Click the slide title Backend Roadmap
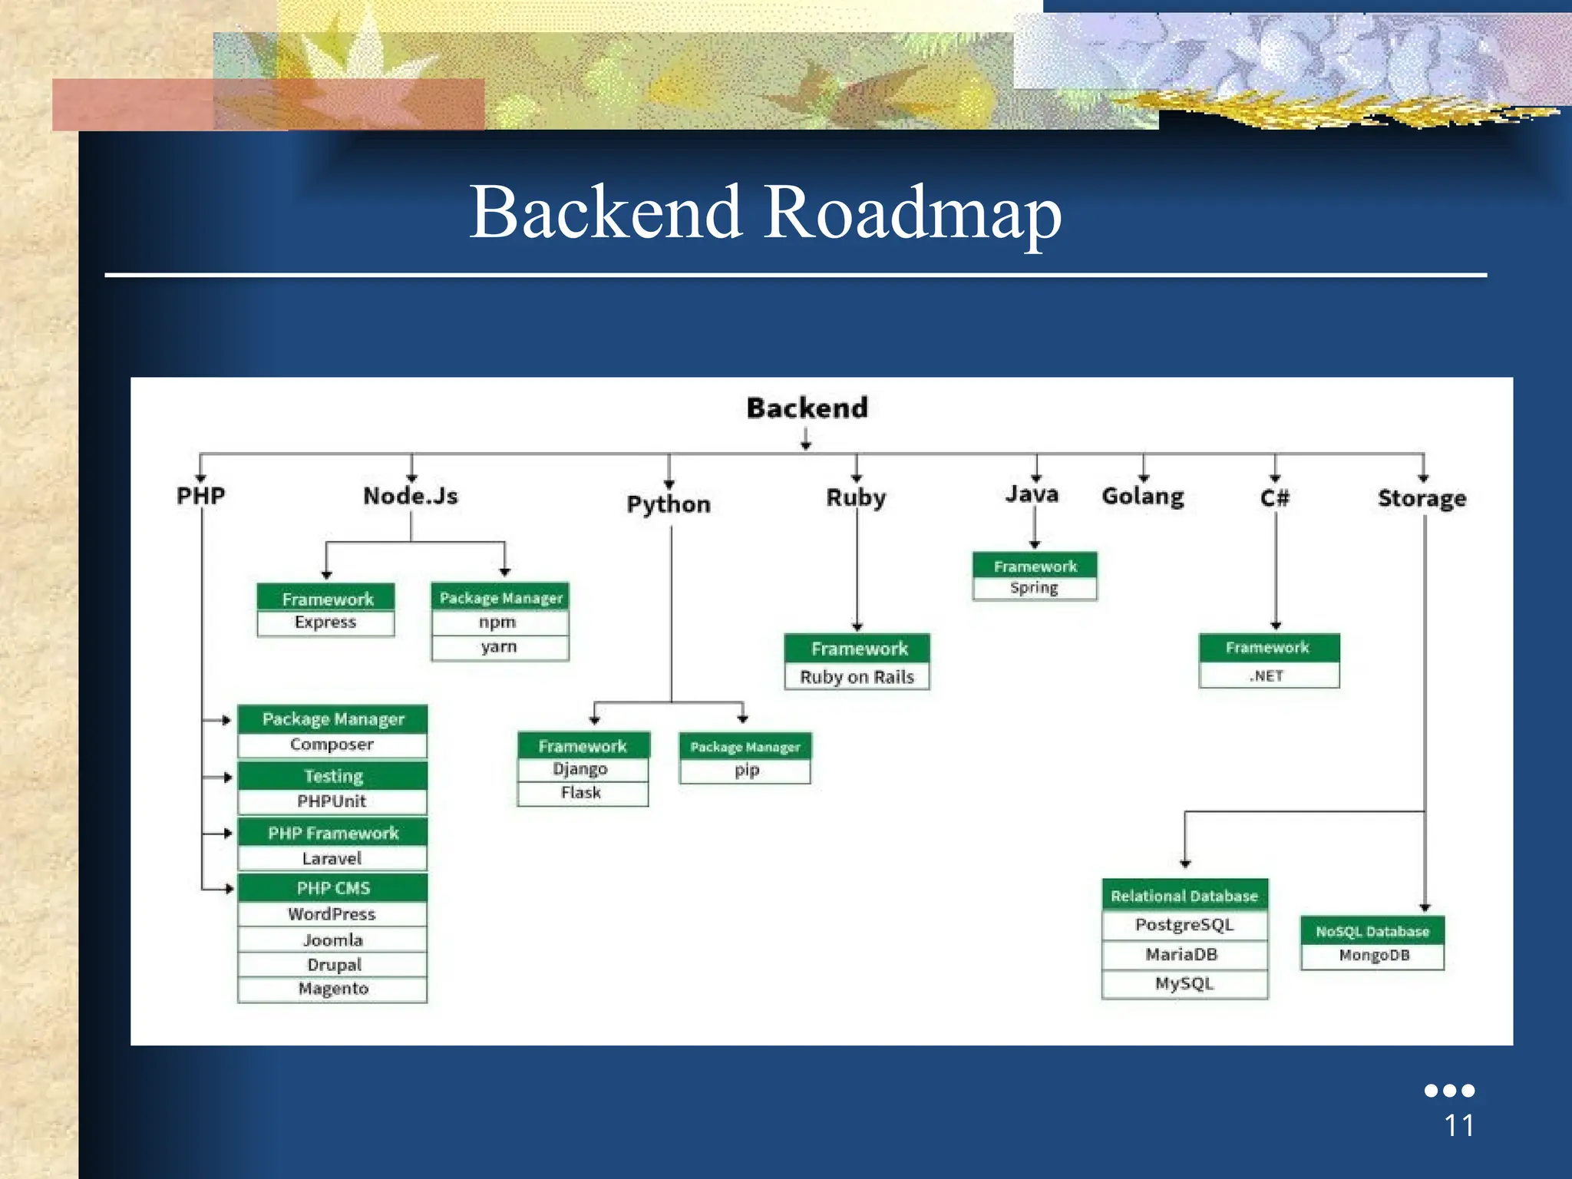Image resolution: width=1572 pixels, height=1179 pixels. pyautogui.click(x=765, y=213)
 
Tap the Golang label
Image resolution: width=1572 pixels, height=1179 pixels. pyautogui.click(x=1142, y=497)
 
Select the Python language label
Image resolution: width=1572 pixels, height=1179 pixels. pyautogui.click(x=669, y=504)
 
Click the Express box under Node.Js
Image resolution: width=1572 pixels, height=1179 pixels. pyautogui.click(x=325, y=623)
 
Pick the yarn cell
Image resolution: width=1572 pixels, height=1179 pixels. pyautogui.click(x=499, y=647)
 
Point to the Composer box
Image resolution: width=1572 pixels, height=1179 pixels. pyautogui.click(x=332, y=745)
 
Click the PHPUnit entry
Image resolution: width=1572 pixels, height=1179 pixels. pyautogui.click(x=332, y=801)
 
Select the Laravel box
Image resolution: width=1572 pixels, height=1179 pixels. pyautogui.click(x=332, y=858)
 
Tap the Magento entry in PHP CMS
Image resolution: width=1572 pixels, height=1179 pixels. pyautogui.click(x=332, y=989)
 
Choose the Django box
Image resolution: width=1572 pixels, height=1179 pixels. pyautogui.click(x=581, y=769)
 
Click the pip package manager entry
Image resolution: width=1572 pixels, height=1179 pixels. pyautogui.click(x=746, y=770)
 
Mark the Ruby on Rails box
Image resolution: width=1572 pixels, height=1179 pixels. pyautogui.click(x=857, y=677)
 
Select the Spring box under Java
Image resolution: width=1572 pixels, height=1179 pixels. pyautogui.click(x=1034, y=588)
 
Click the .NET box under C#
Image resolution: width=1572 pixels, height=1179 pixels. pyautogui.click(x=1267, y=676)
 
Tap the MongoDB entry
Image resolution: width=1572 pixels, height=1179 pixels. pyautogui.click(x=1373, y=956)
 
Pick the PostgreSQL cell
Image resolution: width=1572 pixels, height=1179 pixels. pyautogui.click(x=1184, y=925)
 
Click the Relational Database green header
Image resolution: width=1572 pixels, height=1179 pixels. pyautogui.click(x=1184, y=896)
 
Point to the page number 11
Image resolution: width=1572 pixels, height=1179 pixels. pyautogui.click(x=1458, y=1126)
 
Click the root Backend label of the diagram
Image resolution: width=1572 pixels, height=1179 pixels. pyautogui.click(x=807, y=408)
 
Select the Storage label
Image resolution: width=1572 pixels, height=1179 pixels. pyautogui.click(x=1422, y=498)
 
